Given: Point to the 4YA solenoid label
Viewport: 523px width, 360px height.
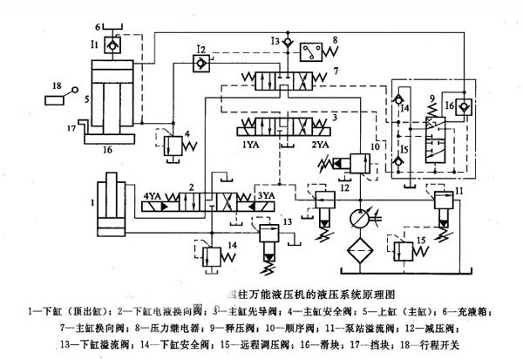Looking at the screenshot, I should tap(153, 195).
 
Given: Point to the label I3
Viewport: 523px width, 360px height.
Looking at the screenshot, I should tap(276, 40).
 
